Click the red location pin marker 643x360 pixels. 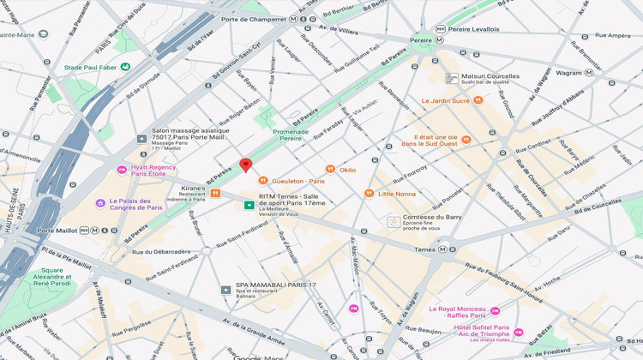coord(245,165)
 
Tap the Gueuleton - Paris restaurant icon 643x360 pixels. coord(263,181)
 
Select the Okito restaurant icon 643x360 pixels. coord(330,170)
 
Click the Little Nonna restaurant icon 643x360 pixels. coord(370,194)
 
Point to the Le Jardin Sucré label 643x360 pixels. coord(446,100)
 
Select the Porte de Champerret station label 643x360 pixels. coord(252,19)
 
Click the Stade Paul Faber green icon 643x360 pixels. coord(125,66)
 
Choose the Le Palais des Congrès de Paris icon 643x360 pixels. coord(100,203)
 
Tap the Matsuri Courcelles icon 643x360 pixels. coord(452,77)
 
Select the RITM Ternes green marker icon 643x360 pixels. coord(249,206)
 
